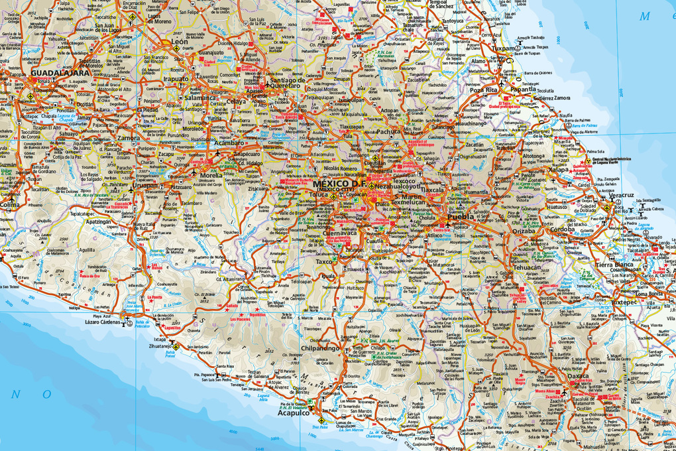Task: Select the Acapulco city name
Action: pos(293,413)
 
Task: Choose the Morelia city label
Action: pos(211,176)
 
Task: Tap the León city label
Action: pos(180,41)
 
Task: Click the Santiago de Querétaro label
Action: pos(288,83)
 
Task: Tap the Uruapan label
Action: pos(144,186)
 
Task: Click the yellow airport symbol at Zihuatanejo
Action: pos(176,346)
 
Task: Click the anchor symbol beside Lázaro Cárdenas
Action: pos(127,323)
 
